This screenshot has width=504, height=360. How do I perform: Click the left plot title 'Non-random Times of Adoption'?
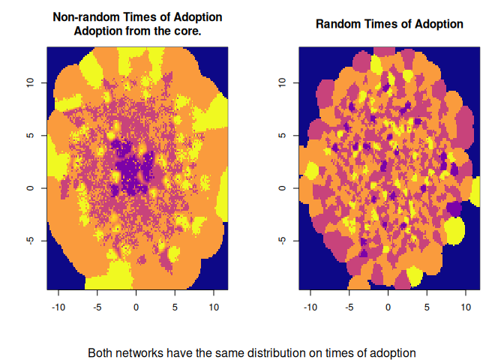click(x=137, y=17)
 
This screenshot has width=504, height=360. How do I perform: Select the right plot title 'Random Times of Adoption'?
click(x=389, y=24)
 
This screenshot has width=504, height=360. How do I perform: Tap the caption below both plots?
click(x=251, y=352)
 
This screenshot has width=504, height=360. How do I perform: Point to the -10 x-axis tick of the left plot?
click(x=58, y=307)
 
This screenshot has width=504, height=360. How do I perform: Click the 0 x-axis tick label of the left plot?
click(x=136, y=307)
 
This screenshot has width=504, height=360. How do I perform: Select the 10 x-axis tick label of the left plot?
click(x=213, y=307)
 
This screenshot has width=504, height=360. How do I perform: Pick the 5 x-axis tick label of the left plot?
click(x=175, y=307)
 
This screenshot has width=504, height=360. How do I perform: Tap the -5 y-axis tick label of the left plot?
click(x=30, y=241)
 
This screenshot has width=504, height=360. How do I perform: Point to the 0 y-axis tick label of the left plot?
click(x=30, y=188)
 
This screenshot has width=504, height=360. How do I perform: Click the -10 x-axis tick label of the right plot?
click(x=310, y=307)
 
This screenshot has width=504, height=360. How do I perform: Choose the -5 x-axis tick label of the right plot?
click(x=349, y=307)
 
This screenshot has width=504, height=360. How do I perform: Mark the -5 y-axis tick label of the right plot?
click(x=282, y=241)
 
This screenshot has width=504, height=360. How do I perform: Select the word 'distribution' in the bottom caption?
click(x=275, y=352)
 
